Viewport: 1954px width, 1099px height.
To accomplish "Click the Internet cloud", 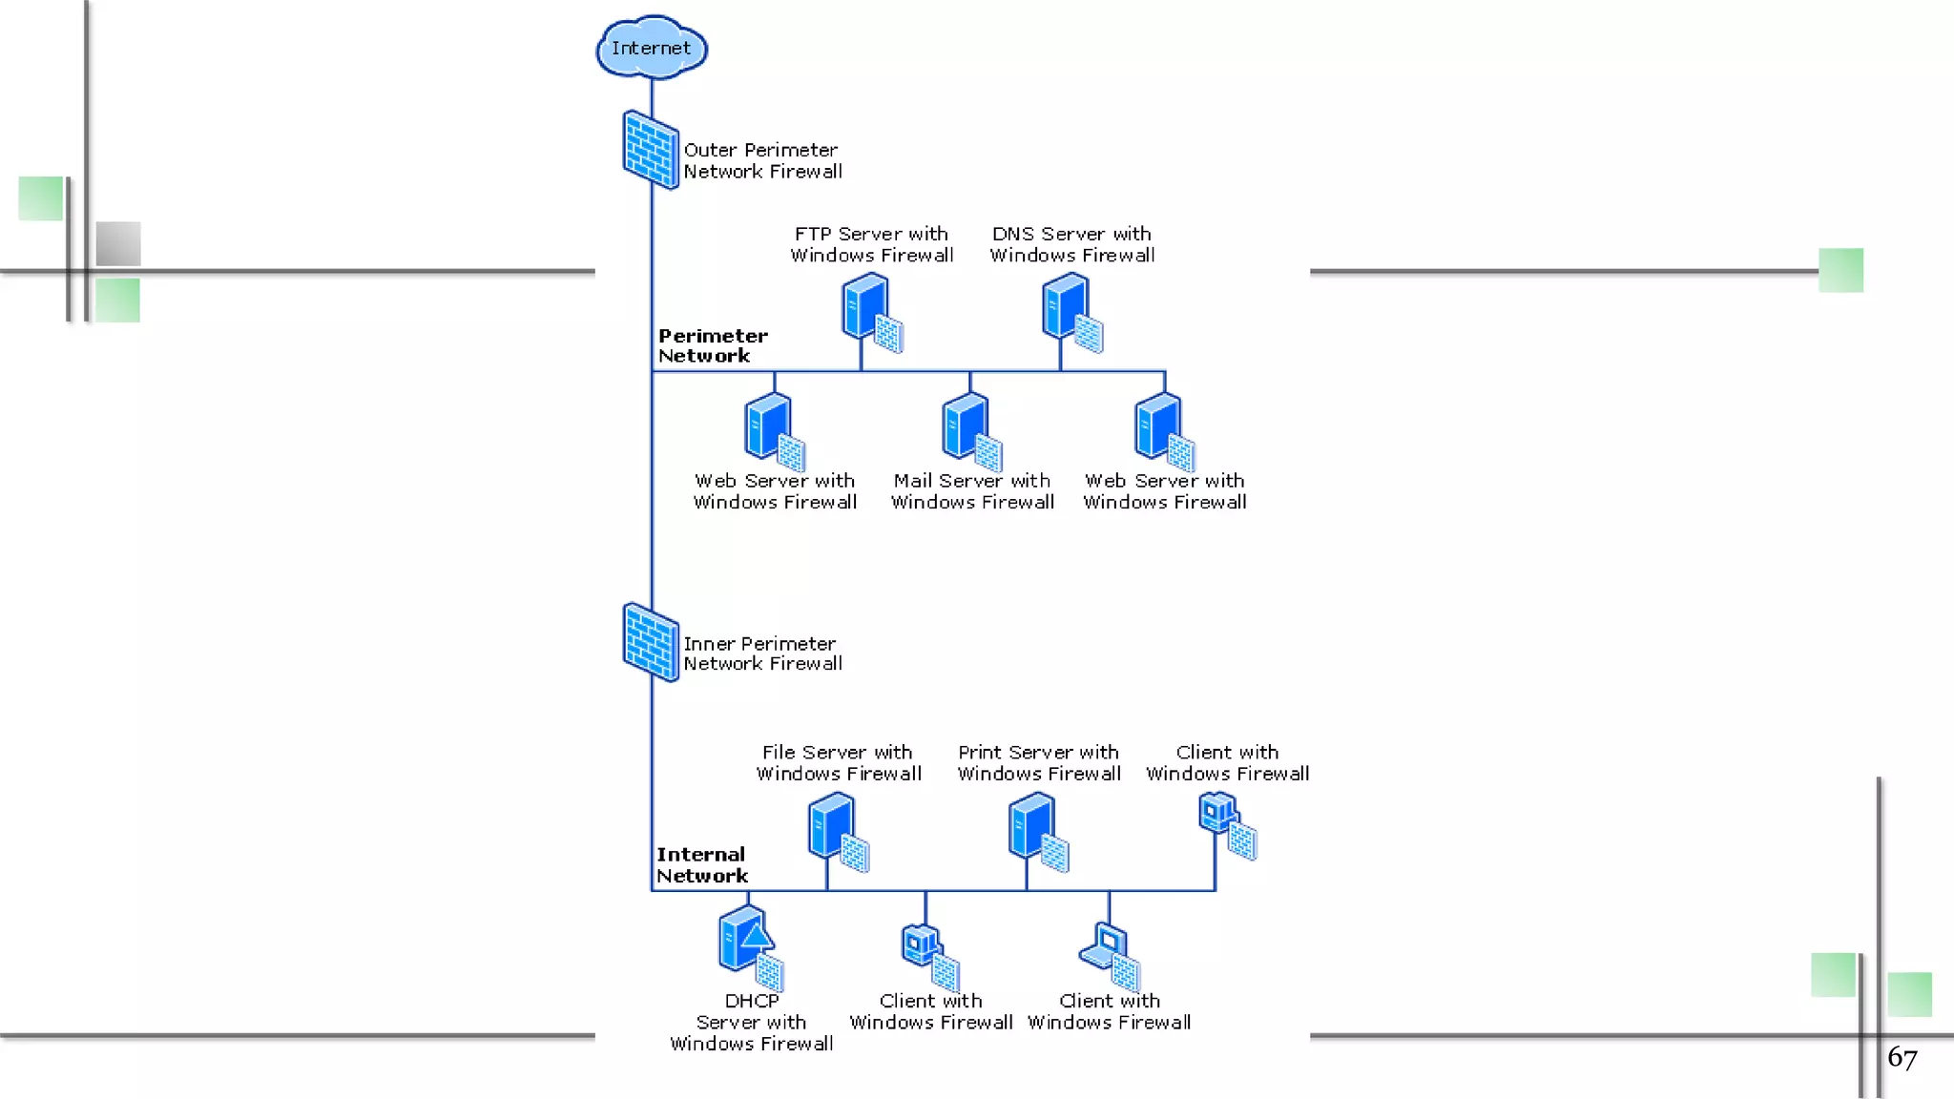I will [652, 48].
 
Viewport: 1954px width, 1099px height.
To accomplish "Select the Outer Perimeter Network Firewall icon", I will [651, 150].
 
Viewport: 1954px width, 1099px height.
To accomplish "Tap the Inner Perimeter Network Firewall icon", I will [651, 642].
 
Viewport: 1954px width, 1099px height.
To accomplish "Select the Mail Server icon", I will [970, 431].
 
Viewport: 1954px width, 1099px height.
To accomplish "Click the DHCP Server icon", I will [750, 946].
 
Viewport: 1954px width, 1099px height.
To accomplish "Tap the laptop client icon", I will [1110, 954].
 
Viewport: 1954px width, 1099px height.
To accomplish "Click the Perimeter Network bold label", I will [712, 345].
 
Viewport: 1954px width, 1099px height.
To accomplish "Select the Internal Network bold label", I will [701, 864].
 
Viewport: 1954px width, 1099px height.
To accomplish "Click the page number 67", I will [1902, 1057].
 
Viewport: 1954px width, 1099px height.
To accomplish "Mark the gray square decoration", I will [118, 243].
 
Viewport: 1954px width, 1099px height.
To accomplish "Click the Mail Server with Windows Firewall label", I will [972, 491].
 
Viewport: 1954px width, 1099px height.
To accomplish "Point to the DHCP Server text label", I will [751, 1022].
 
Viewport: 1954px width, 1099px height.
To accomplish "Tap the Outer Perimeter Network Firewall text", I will [762, 160].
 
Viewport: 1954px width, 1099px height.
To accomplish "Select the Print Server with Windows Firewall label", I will [1038, 762].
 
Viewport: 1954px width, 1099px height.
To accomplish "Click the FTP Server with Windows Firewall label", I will [871, 244].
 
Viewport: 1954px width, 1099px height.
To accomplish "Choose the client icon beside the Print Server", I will [1226, 825].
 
